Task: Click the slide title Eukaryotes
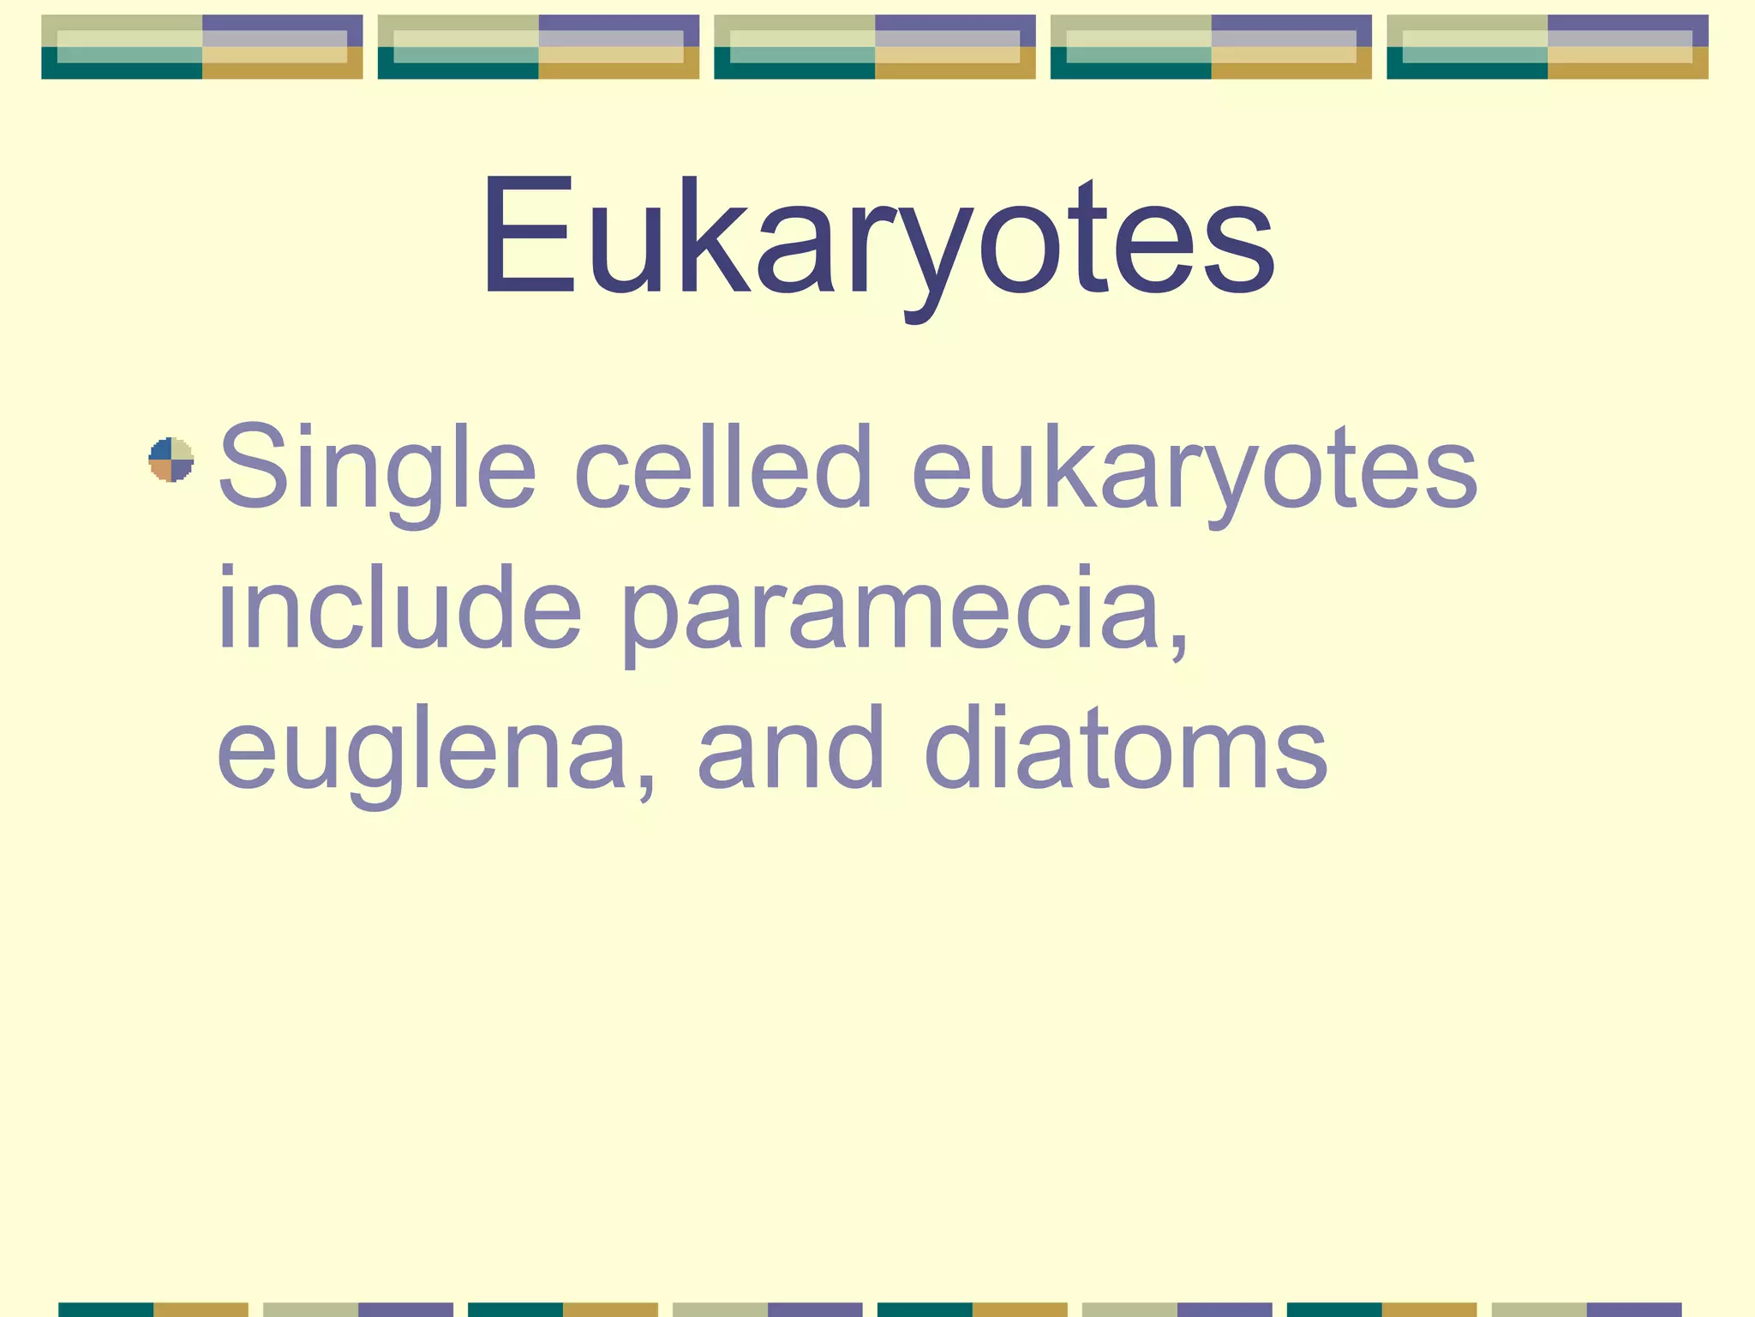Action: tap(877, 236)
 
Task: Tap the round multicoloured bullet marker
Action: tap(171, 460)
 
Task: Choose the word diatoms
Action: tap(1126, 745)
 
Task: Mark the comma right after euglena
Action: tap(647, 780)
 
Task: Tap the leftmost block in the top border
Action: tap(202, 47)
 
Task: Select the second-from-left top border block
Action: tap(538, 47)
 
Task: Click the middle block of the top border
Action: tap(875, 47)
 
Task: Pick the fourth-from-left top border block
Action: tap(1211, 47)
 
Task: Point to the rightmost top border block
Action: tap(1548, 47)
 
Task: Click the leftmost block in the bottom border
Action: tap(153, 1309)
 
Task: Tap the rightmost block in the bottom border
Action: tap(1587, 1309)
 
